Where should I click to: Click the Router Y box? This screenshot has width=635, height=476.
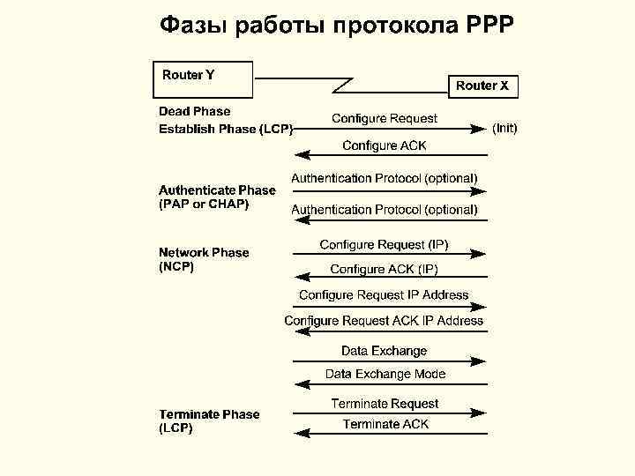click(x=203, y=79)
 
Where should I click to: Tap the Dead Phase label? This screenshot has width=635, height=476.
click(x=194, y=111)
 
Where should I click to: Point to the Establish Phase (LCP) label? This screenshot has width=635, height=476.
click(x=226, y=130)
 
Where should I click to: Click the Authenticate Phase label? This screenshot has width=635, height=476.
click(x=217, y=190)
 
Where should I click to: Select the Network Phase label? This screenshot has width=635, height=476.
click(x=204, y=252)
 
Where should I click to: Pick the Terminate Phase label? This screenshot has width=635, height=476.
click(x=209, y=414)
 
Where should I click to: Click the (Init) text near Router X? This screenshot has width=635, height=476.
click(x=504, y=129)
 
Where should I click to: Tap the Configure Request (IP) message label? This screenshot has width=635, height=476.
click(x=384, y=244)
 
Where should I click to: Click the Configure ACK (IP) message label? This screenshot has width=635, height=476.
click(x=384, y=269)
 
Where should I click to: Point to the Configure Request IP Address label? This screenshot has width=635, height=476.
click(x=384, y=295)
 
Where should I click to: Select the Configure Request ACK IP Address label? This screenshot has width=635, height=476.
click(x=384, y=321)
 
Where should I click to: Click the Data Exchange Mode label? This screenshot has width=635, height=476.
click(x=385, y=374)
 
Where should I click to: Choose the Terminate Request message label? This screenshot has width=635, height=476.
click(x=385, y=404)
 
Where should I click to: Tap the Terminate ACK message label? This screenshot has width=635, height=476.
click(x=385, y=424)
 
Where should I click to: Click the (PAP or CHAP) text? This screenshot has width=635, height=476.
click(x=204, y=205)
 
